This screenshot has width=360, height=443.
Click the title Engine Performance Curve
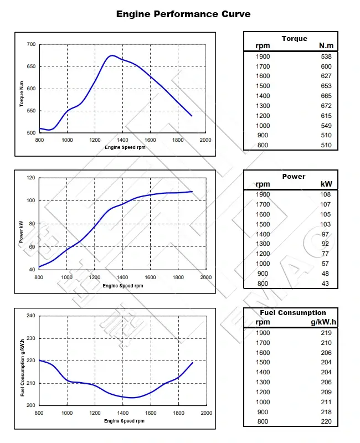coord(183,14)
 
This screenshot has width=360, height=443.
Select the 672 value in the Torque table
coord(326,106)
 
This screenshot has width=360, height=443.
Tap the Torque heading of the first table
coord(294,39)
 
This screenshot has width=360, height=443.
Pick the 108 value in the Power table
coord(325,194)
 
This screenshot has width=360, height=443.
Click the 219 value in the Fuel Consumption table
coord(326,333)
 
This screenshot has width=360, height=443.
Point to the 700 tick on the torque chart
coord(30,44)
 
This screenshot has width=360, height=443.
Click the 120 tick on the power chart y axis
coord(30,178)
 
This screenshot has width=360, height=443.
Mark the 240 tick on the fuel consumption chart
coord(30,316)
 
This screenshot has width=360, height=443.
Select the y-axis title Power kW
coord(22,232)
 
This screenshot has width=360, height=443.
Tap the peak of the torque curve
coord(112,55)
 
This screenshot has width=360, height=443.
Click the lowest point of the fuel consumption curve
coord(132,397)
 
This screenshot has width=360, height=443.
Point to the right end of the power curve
coord(192,192)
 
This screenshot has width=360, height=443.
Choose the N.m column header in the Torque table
coord(326,46)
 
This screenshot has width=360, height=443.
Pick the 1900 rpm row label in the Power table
coord(263,194)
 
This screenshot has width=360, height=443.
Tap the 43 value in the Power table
coord(326,284)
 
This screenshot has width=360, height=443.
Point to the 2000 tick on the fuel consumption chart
coord(205,413)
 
